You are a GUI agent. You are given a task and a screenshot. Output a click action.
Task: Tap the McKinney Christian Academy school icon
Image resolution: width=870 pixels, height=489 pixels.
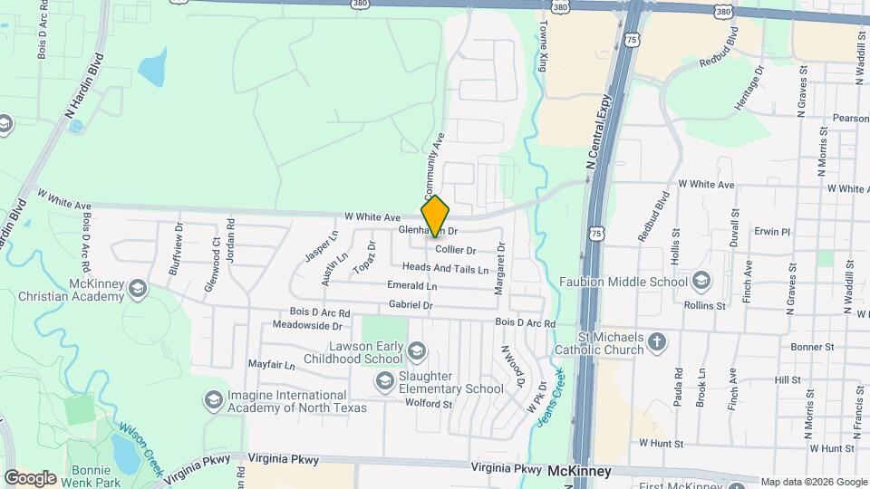[138, 289]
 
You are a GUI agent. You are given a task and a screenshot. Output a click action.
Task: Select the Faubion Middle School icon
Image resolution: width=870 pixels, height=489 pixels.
[701, 281]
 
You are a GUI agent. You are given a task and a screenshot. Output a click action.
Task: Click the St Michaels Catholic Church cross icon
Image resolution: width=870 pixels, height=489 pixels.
[657, 342]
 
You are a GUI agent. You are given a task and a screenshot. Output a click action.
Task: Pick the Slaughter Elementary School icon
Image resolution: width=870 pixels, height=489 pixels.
[385, 379]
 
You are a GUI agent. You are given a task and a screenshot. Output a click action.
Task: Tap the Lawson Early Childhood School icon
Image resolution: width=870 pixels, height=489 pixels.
[416, 350]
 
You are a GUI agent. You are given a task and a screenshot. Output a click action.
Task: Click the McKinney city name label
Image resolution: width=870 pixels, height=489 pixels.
[579, 472]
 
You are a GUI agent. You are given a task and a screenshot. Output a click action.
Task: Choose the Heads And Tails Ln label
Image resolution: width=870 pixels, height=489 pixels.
[446, 269]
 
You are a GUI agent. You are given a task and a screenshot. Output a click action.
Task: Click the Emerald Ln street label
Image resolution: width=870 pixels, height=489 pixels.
[411, 285]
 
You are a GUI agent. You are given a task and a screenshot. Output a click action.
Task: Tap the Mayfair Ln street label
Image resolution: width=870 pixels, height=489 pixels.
[272, 366]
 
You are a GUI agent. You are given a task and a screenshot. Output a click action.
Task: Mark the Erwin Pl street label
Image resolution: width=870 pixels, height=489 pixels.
[773, 232]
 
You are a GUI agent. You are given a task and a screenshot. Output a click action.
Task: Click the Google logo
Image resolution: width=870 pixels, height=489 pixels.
[30, 477]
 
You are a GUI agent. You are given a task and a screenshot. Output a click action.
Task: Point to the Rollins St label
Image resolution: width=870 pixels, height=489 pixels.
[710, 306]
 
